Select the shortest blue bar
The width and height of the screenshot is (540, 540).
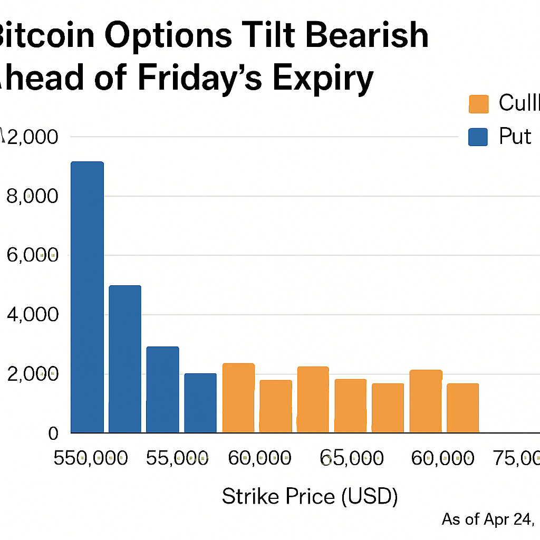pyautogui.click(x=200, y=403)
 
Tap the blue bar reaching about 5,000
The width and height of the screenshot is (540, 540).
pyautogui.click(x=125, y=359)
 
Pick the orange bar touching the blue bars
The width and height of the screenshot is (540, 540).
pyautogui.click(x=238, y=398)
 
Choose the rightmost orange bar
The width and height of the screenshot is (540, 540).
pyautogui.click(x=462, y=408)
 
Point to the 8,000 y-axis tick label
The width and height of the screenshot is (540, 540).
pyautogui.click(x=31, y=196)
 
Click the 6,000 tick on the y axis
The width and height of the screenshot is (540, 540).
pyautogui.click(x=31, y=255)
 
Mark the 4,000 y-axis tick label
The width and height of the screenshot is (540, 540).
pyautogui.click(x=31, y=315)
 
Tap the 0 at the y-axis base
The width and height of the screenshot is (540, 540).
pyautogui.click(x=53, y=433)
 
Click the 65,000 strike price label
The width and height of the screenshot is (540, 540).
pyautogui.click(x=352, y=458)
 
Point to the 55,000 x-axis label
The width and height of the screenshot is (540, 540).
pyautogui.click(x=176, y=458)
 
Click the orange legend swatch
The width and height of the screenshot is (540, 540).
pyautogui.click(x=479, y=104)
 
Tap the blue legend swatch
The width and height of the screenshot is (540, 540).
pyautogui.click(x=479, y=137)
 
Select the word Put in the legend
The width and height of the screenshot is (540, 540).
pyautogui.click(x=515, y=137)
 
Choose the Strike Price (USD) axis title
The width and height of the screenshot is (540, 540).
pyautogui.click(x=310, y=497)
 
